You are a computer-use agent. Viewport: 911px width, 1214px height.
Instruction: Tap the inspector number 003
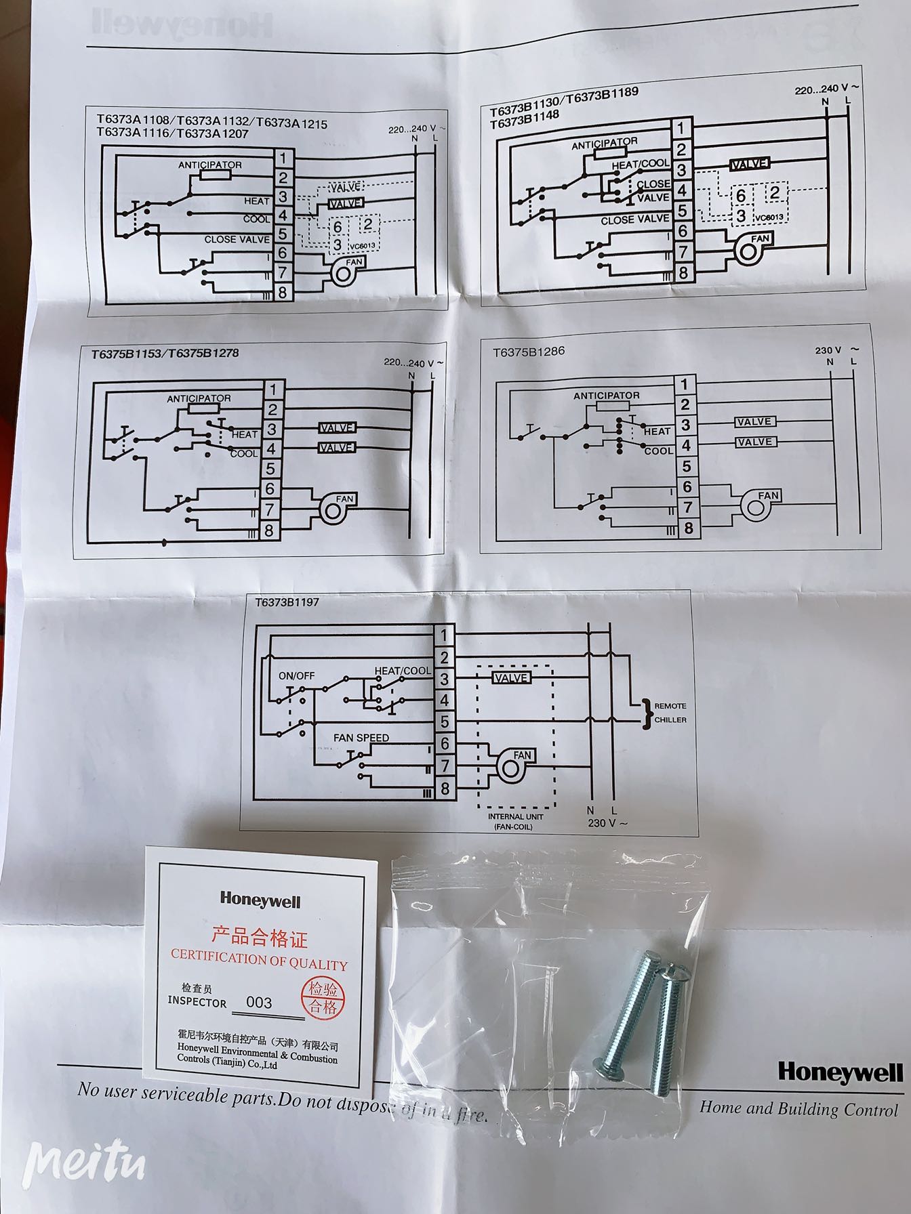pyautogui.click(x=259, y=1003)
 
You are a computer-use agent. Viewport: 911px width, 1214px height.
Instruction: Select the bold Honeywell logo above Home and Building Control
pyautogui.click(x=840, y=1072)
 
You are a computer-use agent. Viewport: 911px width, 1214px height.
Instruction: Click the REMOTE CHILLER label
pyautogui.click(x=670, y=713)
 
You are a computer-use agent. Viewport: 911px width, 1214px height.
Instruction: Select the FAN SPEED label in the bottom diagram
pyautogui.click(x=361, y=738)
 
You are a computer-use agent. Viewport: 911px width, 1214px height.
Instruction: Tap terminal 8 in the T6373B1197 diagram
pyautogui.click(x=445, y=789)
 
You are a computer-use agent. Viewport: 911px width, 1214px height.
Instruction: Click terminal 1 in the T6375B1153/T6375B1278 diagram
pyautogui.click(x=272, y=390)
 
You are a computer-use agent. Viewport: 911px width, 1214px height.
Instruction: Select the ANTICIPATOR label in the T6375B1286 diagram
pyautogui.click(x=606, y=396)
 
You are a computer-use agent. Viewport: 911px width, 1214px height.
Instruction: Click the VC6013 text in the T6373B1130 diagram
pyautogui.click(x=768, y=217)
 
